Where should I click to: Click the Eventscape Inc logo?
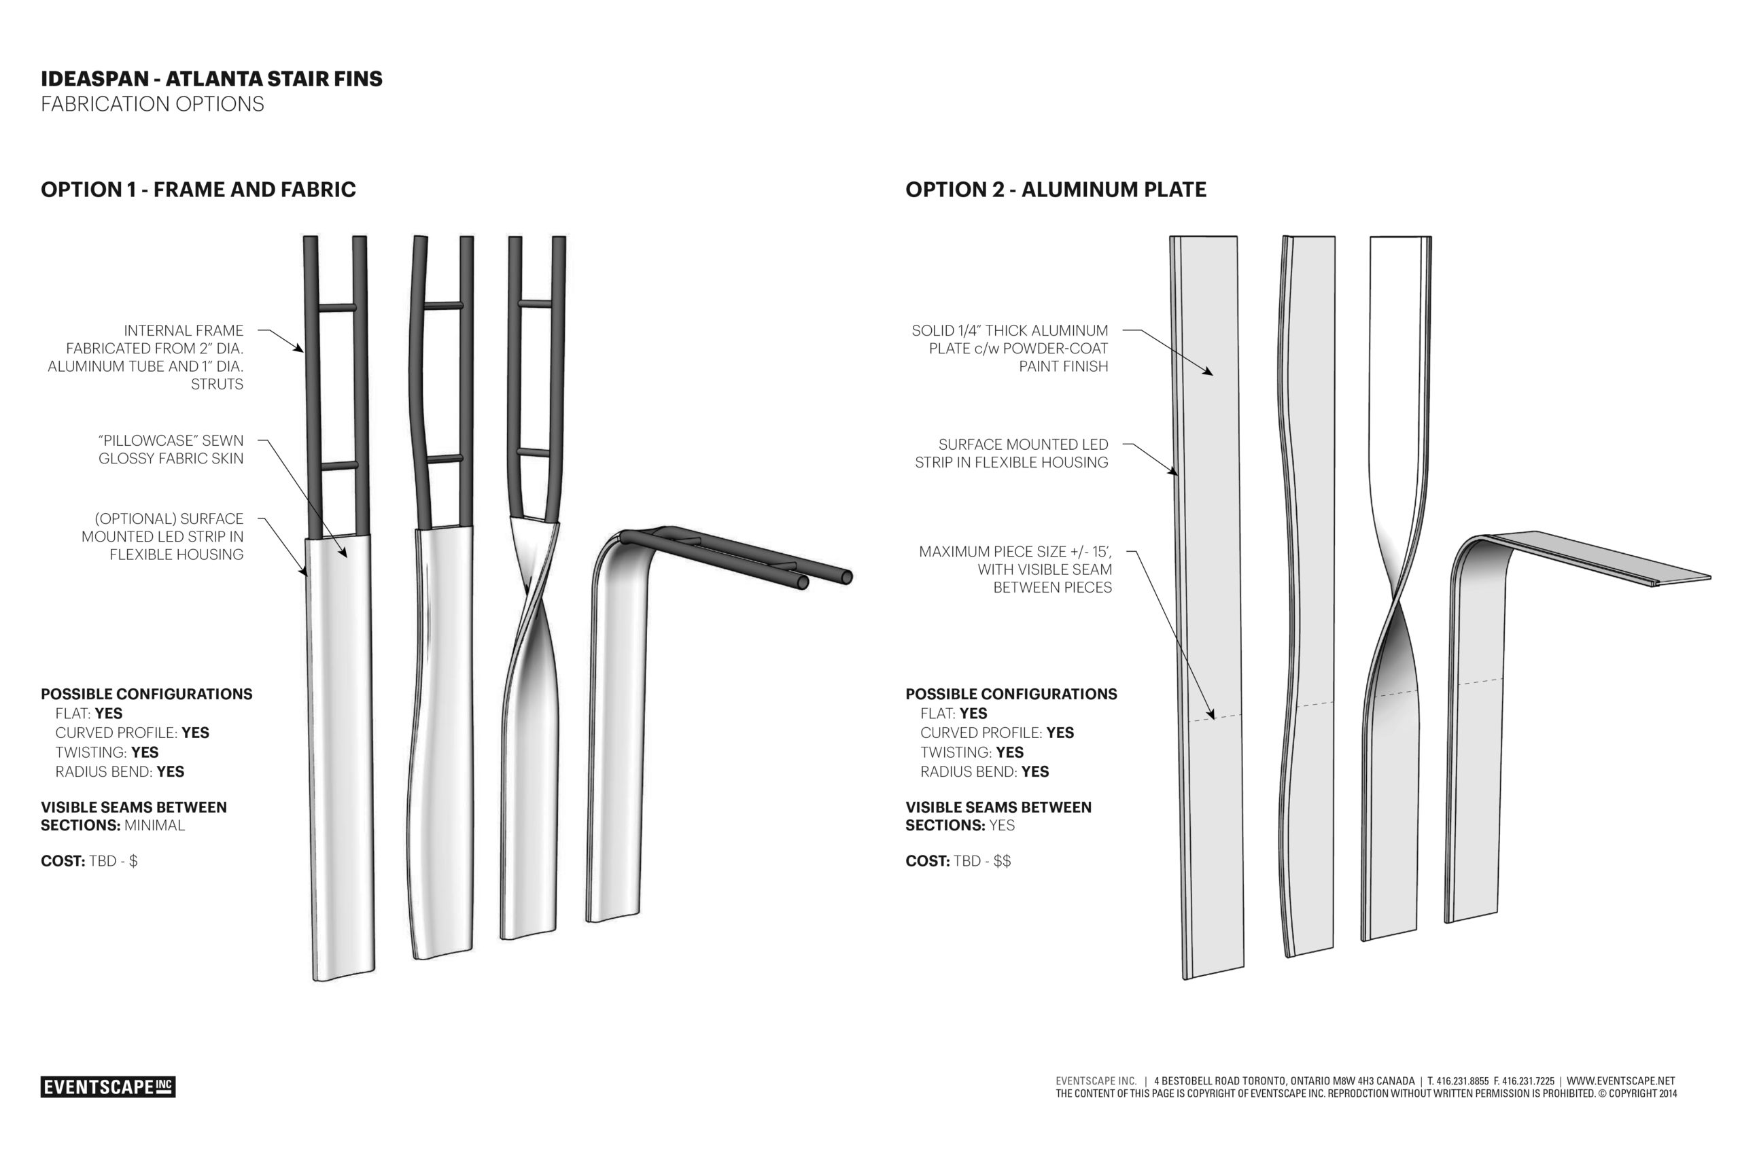click(108, 1087)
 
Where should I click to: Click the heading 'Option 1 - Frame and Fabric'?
click(198, 190)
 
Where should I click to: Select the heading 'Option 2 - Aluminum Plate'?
click(1056, 190)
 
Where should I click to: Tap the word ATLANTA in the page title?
click(216, 79)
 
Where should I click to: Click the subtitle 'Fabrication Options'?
click(152, 104)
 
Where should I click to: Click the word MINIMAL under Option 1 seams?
click(154, 826)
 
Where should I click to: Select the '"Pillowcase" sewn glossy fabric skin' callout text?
click(171, 450)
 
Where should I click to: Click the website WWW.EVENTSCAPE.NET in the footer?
click(1620, 1081)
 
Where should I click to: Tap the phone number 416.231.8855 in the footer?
click(1462, 1081)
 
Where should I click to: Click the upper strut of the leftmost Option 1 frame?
click(336, 308)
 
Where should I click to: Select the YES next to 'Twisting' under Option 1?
click(145, 752)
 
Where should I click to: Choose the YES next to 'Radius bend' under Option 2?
click(1035, 771)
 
